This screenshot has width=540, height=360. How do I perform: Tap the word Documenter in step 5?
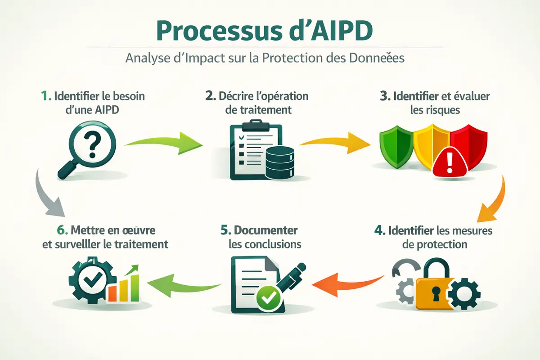click(265, 230)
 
